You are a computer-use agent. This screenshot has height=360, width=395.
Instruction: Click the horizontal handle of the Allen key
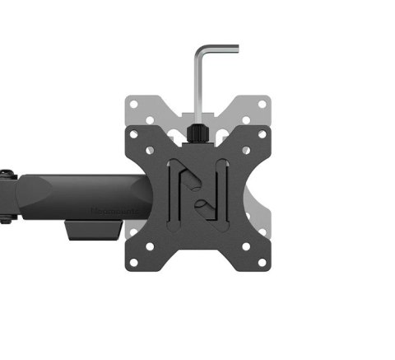coord(218,49)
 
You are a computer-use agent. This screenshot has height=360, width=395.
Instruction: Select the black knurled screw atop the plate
coord(197,133)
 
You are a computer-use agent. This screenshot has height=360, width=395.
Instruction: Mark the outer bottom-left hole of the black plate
coord(134,263)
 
